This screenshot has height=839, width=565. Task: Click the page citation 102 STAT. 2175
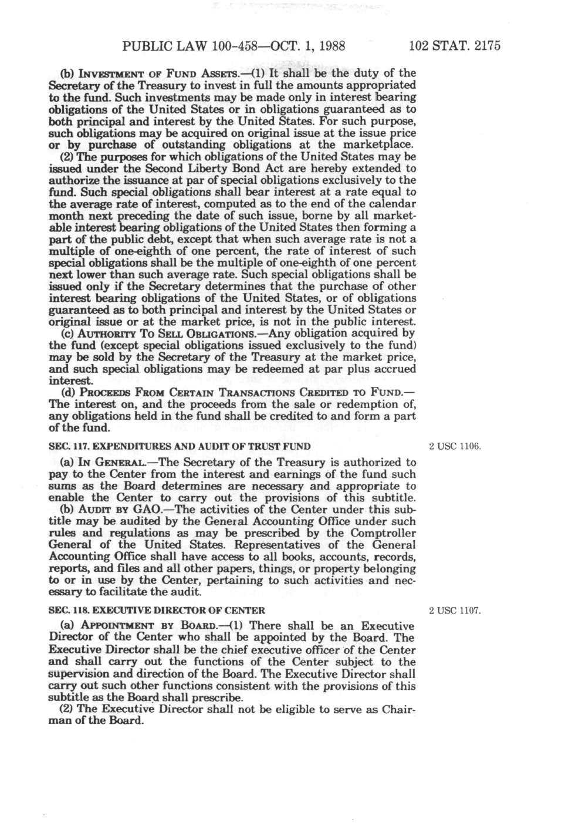click(455, 46)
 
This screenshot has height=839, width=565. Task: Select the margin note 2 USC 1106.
click(455, 446)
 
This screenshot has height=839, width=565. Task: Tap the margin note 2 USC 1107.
click(455, 611)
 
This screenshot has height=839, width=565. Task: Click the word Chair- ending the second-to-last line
click(398, 709)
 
